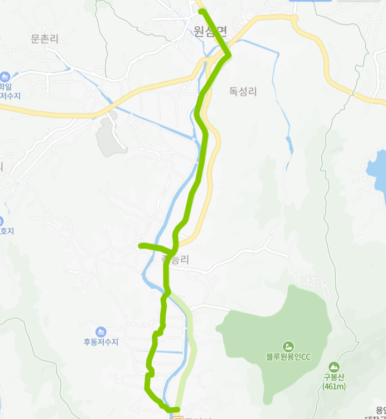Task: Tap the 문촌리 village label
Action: pyautogui.click(x=45, y=38)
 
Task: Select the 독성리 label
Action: pyautogui.click(x=243, y=91)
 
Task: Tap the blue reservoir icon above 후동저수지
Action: pyautogui.click(x=101, y=332)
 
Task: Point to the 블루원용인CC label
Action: pyautogui.click(x=288, y=357)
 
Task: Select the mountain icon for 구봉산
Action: pyautogui.click(x=334, y=367)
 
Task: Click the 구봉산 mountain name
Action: pyautogui.click(x=335, y=377)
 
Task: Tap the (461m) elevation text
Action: pyautogui.click(x=335, y=387)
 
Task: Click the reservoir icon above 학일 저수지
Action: pyautogui.click(x=5, y=76)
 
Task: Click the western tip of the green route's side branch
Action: pyautogui.click(x=141, y=245)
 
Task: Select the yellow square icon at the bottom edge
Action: pyautogui.click(x=178, y=416)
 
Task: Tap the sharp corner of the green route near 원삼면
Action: pyautogui.click(x=229, y=53)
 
